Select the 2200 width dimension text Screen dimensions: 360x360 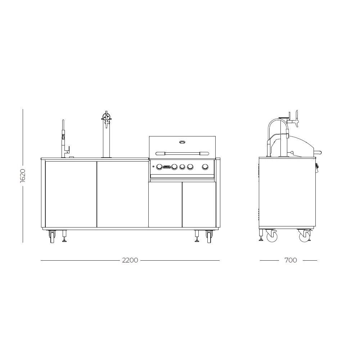[x=130, y=260]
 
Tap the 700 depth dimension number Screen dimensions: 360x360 [x=291, y=260]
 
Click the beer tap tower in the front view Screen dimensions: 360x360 [x=106, y=135]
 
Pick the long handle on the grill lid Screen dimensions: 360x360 [x=182, y=153]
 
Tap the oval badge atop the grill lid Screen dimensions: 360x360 [x=182, y=142]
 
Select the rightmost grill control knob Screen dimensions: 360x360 [x=205, y=167]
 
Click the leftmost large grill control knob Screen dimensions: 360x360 [x=159, y=167]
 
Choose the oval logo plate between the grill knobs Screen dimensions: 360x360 [x=167, y=167]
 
